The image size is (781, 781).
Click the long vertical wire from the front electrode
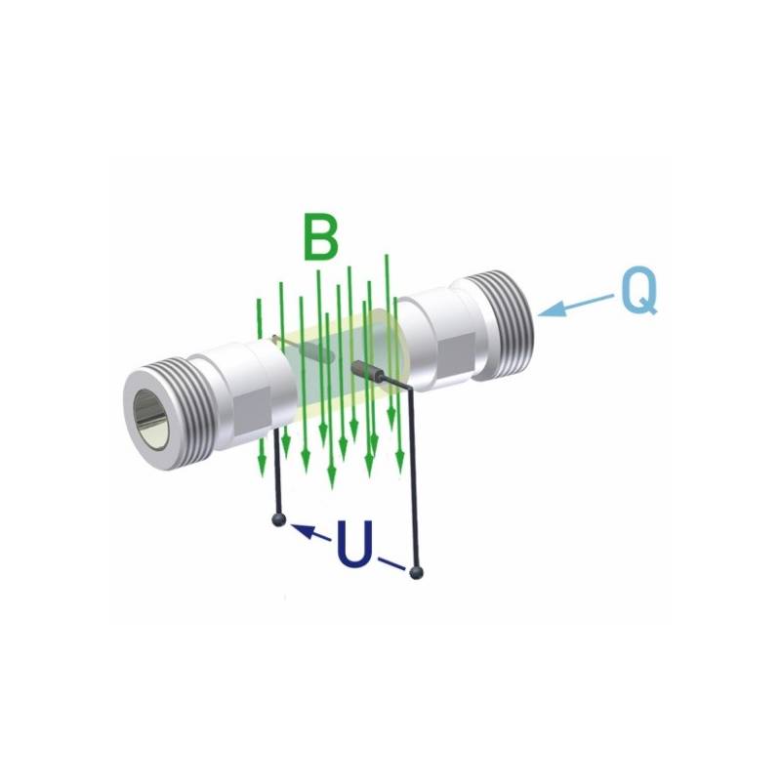(x=418, y=478)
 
